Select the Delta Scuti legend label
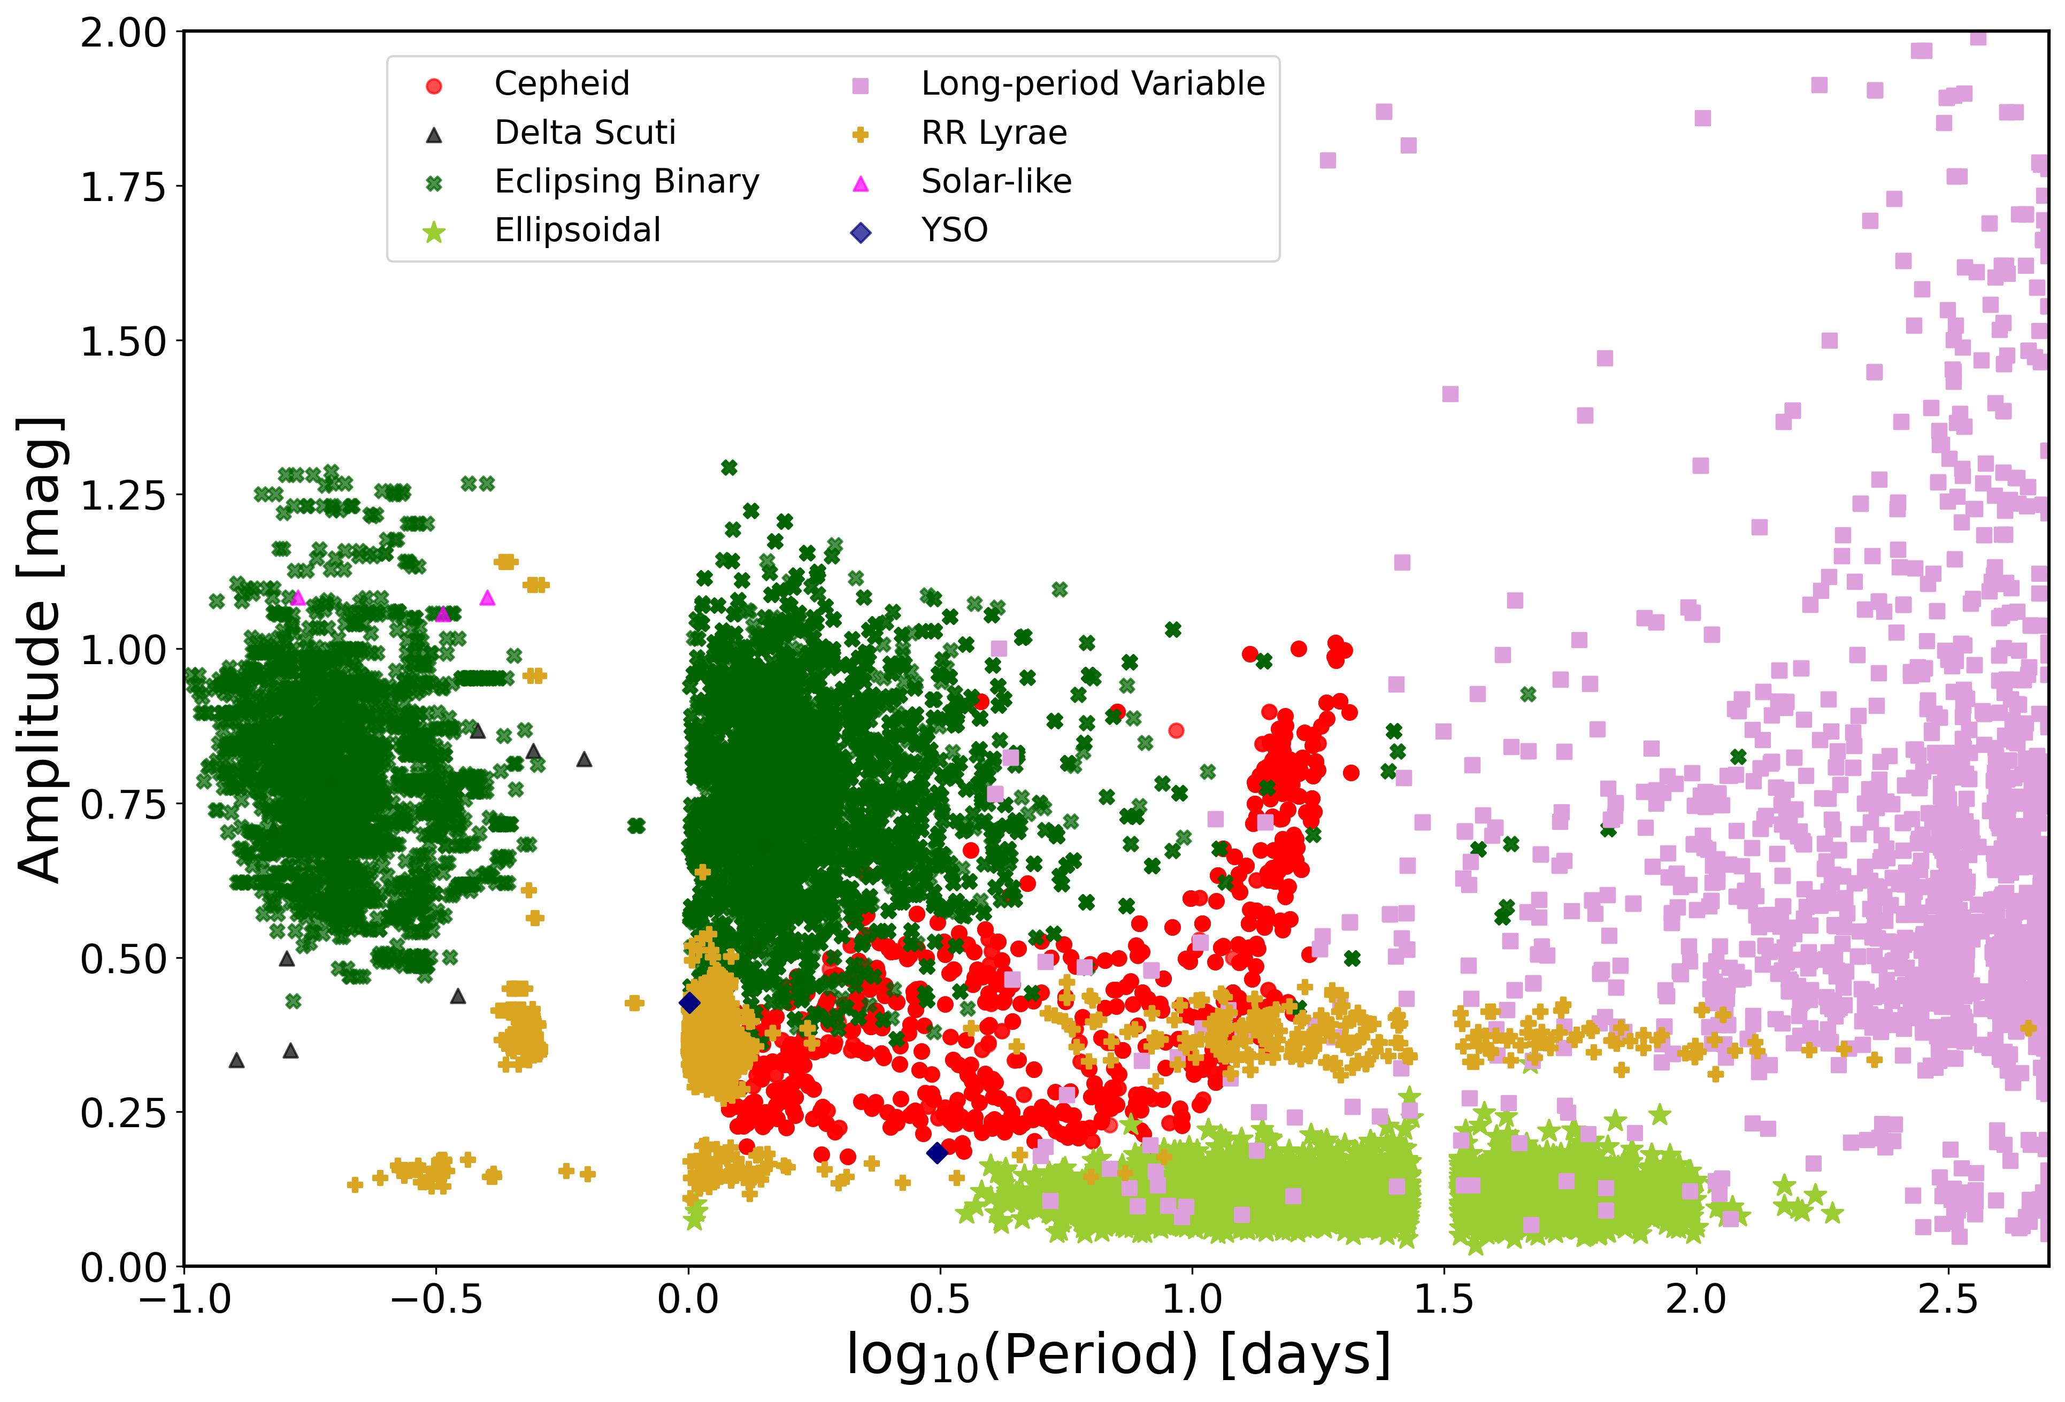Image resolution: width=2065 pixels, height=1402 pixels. point(585,133)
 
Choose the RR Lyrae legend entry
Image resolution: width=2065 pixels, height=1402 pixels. point(993,133)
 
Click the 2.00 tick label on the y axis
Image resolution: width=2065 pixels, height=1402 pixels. point(124,34)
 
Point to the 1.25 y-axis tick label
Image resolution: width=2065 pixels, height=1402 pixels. point(124,496)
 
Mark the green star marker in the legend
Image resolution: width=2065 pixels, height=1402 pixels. point(434,233)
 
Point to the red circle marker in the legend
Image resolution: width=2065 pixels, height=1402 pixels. point(434,86)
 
